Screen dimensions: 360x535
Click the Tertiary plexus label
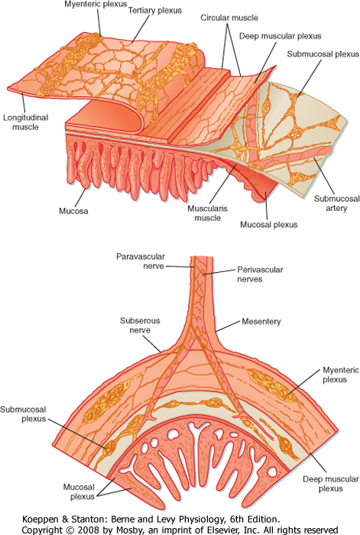[155, 11]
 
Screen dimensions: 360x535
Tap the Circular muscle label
[229, 18]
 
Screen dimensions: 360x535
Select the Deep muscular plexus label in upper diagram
[281, 36]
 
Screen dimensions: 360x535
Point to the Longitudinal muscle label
[26, 122]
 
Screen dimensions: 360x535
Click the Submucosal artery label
[337, 203]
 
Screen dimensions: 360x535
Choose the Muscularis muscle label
[207, 213]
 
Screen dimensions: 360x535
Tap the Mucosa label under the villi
[73, 211]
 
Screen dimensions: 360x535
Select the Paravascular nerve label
[141, 261]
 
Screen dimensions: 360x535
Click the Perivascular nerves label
[260, 274]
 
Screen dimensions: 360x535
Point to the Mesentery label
[261, 322]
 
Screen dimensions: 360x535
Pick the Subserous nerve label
[140, 325]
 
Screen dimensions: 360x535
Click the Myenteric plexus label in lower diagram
[341, 374]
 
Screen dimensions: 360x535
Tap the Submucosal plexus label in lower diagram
[23, 414]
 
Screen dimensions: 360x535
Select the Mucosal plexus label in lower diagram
[79, 491]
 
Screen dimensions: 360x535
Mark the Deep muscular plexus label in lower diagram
[331, 484]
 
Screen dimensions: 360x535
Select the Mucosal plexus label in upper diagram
[269, 225]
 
